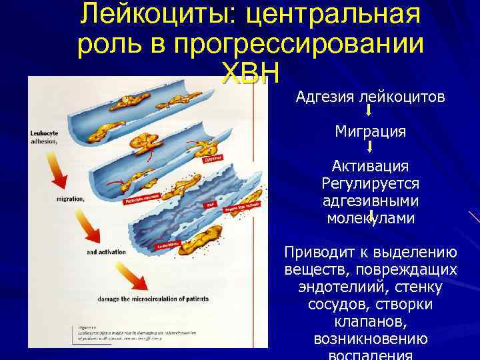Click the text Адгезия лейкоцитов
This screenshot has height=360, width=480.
[370, 98]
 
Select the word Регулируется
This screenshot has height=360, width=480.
[370, 183]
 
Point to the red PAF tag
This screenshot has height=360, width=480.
[209, 205]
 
